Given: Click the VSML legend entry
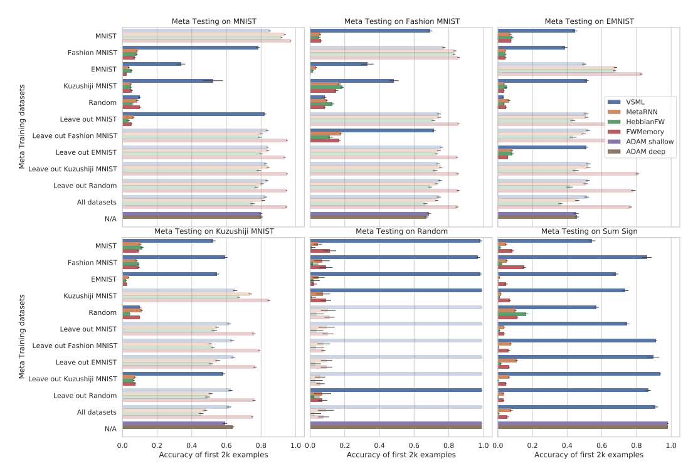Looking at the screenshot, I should (640, 102).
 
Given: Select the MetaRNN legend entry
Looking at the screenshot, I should (642, 112).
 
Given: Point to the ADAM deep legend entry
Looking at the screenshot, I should (646, 152).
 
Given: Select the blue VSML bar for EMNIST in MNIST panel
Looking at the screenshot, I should (152, 64).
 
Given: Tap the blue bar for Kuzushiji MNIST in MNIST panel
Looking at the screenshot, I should (168, 80).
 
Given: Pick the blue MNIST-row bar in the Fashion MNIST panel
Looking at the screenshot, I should (371, 31).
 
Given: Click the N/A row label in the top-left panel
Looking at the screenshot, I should (110, 219).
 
